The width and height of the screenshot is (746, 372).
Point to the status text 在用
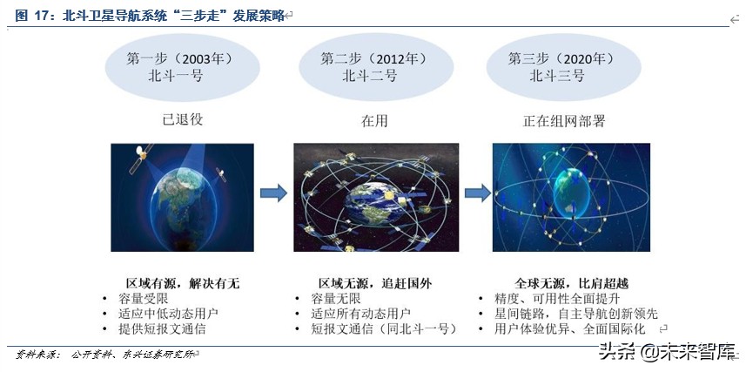click(x=373, y=120)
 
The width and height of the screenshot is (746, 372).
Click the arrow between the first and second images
click(x=274, y=193)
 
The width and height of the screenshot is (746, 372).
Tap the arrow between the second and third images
click(x=476, y=193)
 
